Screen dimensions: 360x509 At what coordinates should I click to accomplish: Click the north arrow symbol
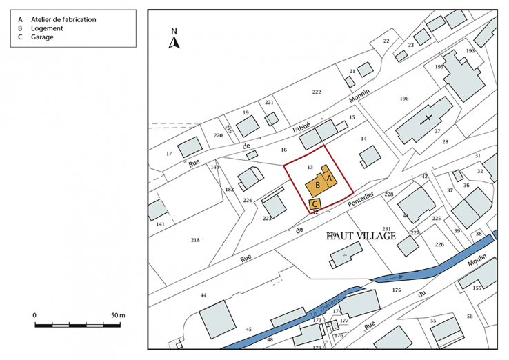(174, 42)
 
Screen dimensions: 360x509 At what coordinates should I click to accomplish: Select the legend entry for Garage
(42, 37)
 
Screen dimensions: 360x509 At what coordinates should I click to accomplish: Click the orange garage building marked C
(315, 203)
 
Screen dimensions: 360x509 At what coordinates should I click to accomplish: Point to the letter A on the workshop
(330, 179)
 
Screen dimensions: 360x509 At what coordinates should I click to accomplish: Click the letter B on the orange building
(317, 185)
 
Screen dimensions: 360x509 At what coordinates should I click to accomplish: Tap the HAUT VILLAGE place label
(361, 236)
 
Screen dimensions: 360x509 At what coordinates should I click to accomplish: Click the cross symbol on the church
(428, 119)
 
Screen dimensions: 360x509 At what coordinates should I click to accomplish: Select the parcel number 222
(317, 92)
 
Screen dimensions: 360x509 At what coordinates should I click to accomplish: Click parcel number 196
(404, 99)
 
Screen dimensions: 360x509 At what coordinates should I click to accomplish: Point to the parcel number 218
(195, 239)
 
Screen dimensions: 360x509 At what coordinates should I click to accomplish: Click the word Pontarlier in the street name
(361, 201)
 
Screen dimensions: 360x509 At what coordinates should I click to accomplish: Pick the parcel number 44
(203, 295)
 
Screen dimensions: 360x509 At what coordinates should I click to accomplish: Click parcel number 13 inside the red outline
(310, 167)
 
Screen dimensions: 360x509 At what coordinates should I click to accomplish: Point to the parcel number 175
(396, 290)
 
